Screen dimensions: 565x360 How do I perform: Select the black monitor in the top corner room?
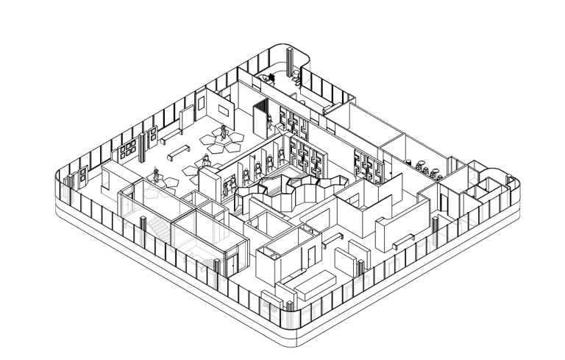[x=271, y=76]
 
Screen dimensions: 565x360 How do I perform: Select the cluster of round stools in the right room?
[x=426, y=168]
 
